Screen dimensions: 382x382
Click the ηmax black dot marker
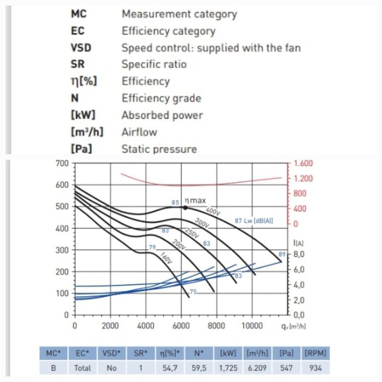(186, 207)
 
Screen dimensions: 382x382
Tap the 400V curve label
(212, 211)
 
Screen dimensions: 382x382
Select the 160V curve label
(166, 258)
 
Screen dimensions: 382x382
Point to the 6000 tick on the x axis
(181, 326)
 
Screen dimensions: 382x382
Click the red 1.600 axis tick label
(303, 163)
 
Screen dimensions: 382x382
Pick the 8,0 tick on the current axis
(303, 254)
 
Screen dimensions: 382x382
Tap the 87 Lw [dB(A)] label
(254, 221)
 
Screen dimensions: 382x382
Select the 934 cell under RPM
(315, 368)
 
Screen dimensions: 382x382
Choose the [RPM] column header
(315, 353)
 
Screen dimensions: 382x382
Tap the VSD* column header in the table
(112, 353)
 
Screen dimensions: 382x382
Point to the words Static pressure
(159, 148)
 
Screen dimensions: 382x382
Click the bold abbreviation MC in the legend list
(79, 14)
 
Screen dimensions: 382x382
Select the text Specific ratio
(153, 64)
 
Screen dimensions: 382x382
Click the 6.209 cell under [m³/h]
(258, 368)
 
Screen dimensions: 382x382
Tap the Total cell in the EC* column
(82, 368)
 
